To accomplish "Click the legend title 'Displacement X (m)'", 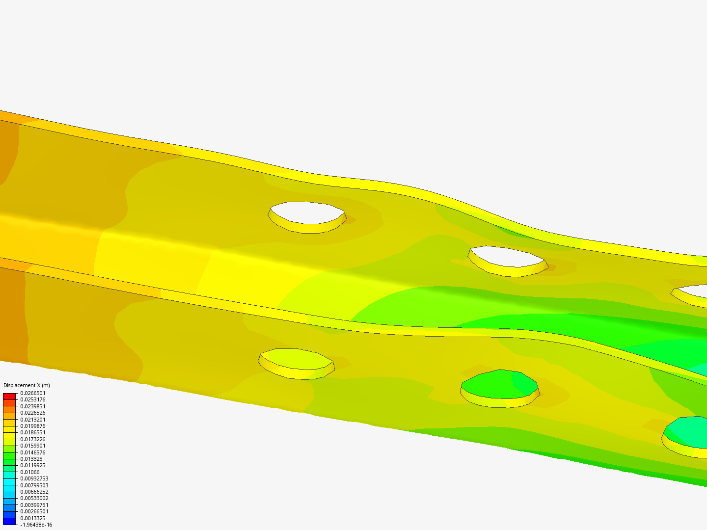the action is [x=27, y=385].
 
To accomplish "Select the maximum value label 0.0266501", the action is [x=33, y=393].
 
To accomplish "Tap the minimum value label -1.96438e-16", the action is [x=36, y=525].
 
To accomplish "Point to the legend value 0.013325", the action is [x=31, y=459].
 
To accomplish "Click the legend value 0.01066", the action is [x=29, y=472].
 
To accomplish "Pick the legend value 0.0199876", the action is [x=33, y=426].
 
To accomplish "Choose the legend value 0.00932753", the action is [x=34, y=478].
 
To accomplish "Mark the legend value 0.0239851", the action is [x=33, y=406].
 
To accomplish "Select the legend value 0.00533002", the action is [x=34, y=498].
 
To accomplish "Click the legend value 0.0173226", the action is [x=33, y=439].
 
